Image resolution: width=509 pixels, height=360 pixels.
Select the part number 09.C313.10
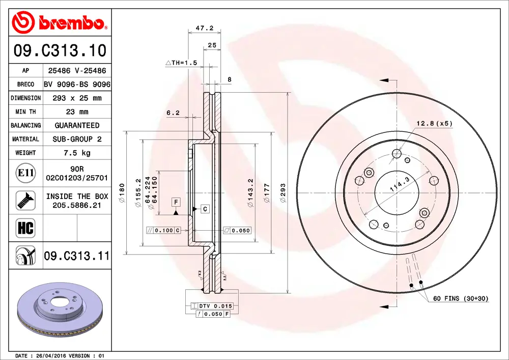(x=60, y=51)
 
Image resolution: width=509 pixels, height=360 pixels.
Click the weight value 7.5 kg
(x=77, y=153)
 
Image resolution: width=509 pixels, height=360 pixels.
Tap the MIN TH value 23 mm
(x=77, y=112)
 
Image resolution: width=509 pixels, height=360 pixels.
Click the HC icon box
(x=25, y=228)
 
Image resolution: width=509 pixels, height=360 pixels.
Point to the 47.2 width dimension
(x=204, y=29)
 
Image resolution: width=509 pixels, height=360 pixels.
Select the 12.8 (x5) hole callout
(x=434, y=123)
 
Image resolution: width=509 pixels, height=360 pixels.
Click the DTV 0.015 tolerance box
(x=212, y=306)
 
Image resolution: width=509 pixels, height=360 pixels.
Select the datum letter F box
(x=176, y=202)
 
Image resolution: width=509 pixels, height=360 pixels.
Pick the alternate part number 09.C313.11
(x=77, y=256)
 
